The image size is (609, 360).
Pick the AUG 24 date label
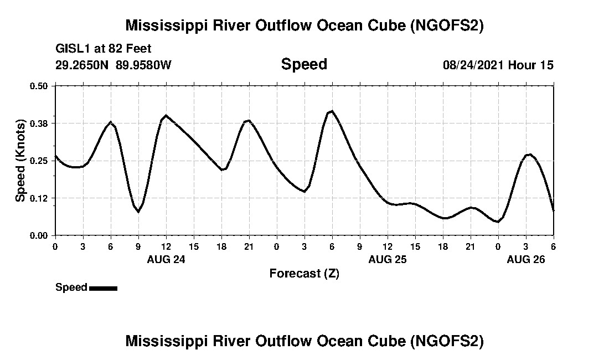click(166, 260)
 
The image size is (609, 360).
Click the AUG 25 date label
click(388, 260)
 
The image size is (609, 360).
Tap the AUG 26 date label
click(526, 260)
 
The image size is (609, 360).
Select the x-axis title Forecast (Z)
click(304, 274)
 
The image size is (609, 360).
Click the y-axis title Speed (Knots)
click(20, 160)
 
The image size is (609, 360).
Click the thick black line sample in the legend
click(103, 288)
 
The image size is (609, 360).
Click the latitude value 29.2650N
click(82, 65)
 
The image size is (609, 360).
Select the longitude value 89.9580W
click(144, 65)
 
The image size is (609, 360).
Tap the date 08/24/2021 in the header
click(473, 65)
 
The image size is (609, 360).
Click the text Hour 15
click(531, 65)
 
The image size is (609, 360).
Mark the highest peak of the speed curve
click(331, 111)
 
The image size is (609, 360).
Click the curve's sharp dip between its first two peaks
click(138, 212)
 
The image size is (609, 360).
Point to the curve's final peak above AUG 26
click(530, 155)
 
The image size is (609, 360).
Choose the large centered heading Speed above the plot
click(304, 64)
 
